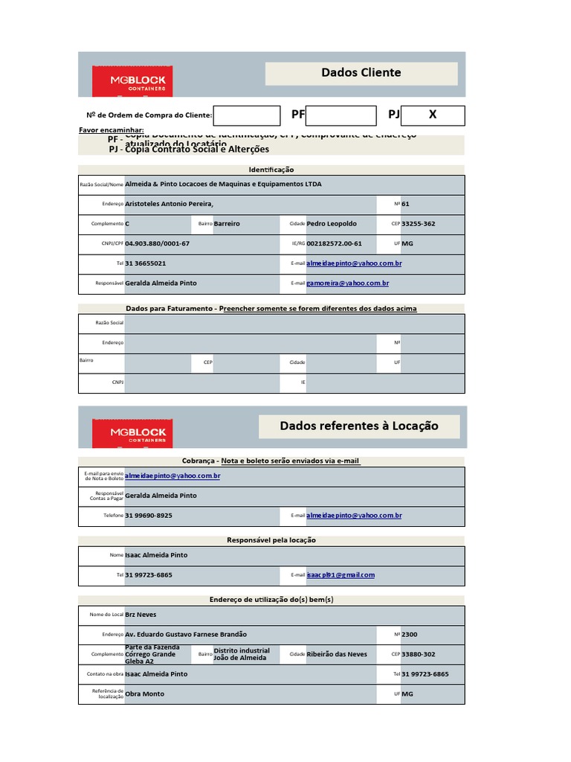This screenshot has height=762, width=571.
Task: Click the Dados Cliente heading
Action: click(361, 73)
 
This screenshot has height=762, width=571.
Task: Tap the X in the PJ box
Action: click(433, 115)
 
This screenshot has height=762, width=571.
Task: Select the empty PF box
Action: click(341, 115)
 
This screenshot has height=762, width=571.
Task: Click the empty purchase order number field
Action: click(246, 115)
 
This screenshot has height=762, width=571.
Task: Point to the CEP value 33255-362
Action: click(419, 224)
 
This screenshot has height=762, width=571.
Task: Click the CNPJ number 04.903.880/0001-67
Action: click(158, 244)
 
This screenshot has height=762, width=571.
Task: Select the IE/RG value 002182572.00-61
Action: click(334, 244)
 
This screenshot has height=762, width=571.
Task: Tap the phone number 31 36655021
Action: click(146, 263)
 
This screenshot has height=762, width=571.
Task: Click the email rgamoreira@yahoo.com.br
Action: click(348, 284)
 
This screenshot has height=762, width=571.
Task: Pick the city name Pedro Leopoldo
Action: click(332, 224)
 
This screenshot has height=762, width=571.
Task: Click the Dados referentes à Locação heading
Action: click(359, 426)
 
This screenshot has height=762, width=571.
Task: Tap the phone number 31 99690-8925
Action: click(149, 516)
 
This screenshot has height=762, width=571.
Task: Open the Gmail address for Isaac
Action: click(341, 575)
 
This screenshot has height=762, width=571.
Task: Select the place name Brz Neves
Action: click(141, 615)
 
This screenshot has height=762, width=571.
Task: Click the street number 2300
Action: click(410, 635)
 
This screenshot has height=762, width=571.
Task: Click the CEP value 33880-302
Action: click(419, 654)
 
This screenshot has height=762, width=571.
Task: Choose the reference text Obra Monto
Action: click(145, 694)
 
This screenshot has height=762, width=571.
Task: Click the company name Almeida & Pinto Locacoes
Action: click(224, 184)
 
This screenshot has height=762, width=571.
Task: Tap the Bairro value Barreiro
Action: click(227, 224)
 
